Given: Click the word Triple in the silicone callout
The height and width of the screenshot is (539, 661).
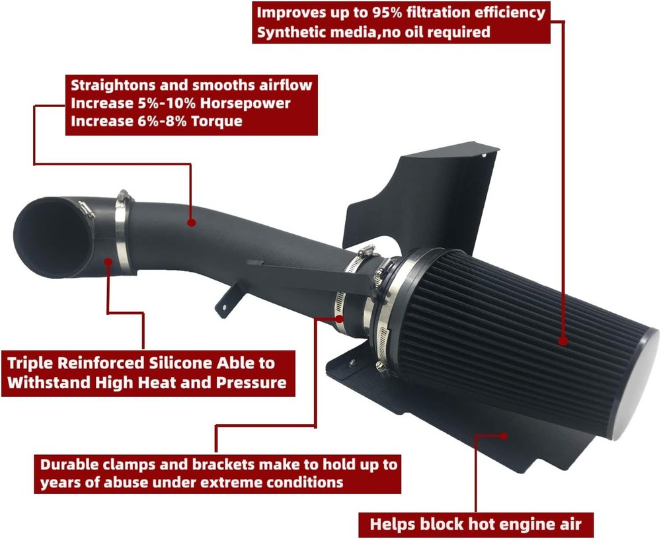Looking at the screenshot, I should (31, 363).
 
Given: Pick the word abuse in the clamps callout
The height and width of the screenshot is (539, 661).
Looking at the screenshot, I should (126, 482).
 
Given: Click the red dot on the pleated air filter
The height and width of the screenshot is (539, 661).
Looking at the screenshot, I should (563, 341).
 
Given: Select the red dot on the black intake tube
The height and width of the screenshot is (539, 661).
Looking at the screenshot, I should (192, 223).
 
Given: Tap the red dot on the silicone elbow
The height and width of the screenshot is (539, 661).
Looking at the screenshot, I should (108, 263).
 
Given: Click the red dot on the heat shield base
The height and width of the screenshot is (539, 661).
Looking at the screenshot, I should (506, 435).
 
